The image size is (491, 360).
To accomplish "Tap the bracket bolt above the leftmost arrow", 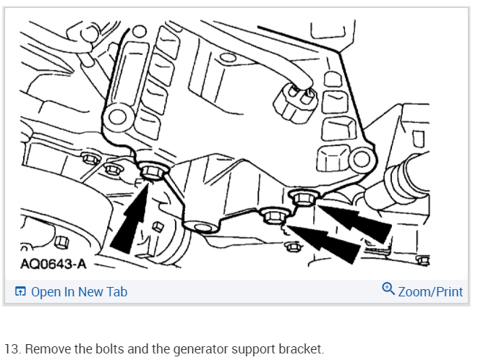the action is tap(153, 171).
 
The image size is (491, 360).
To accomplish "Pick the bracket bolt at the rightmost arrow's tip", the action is tap(302, 197).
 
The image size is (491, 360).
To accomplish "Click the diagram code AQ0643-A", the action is tap(54, 264).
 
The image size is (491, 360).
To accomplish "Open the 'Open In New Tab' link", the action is tap(80, 292).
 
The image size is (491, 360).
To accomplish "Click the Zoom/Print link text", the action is tap(430, 292).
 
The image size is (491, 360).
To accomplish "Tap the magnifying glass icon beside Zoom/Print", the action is tap(388, 288).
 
